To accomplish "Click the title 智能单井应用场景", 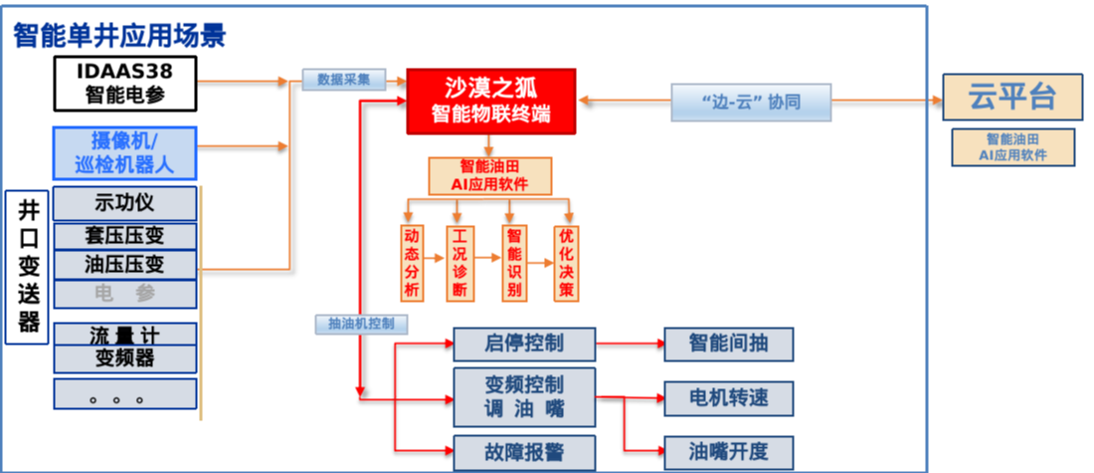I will tap(119, 37).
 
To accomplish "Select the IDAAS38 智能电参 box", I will tap(124, 83).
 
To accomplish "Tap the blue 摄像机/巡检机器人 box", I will tap(124, 152).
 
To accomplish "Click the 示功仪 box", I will tap(124, 202).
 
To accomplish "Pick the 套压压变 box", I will tap(124, 236).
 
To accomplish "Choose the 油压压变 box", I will tap(124, 264).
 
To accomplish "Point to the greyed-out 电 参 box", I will tap(124, 293).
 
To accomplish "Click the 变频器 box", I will tap(124, 357).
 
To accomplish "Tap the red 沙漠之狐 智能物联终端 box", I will tap(491, 101).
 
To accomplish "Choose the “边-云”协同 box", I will tap(737, 101).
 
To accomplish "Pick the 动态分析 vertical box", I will tap(411, 263).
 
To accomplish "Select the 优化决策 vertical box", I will tap(566, 263).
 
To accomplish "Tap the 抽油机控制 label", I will tap(360, 324).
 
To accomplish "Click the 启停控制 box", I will tap(524, 345).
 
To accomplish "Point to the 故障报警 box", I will tap(524, 450).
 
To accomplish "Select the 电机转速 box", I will tap(729, 398).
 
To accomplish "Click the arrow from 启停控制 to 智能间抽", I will tap(629, 345).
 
